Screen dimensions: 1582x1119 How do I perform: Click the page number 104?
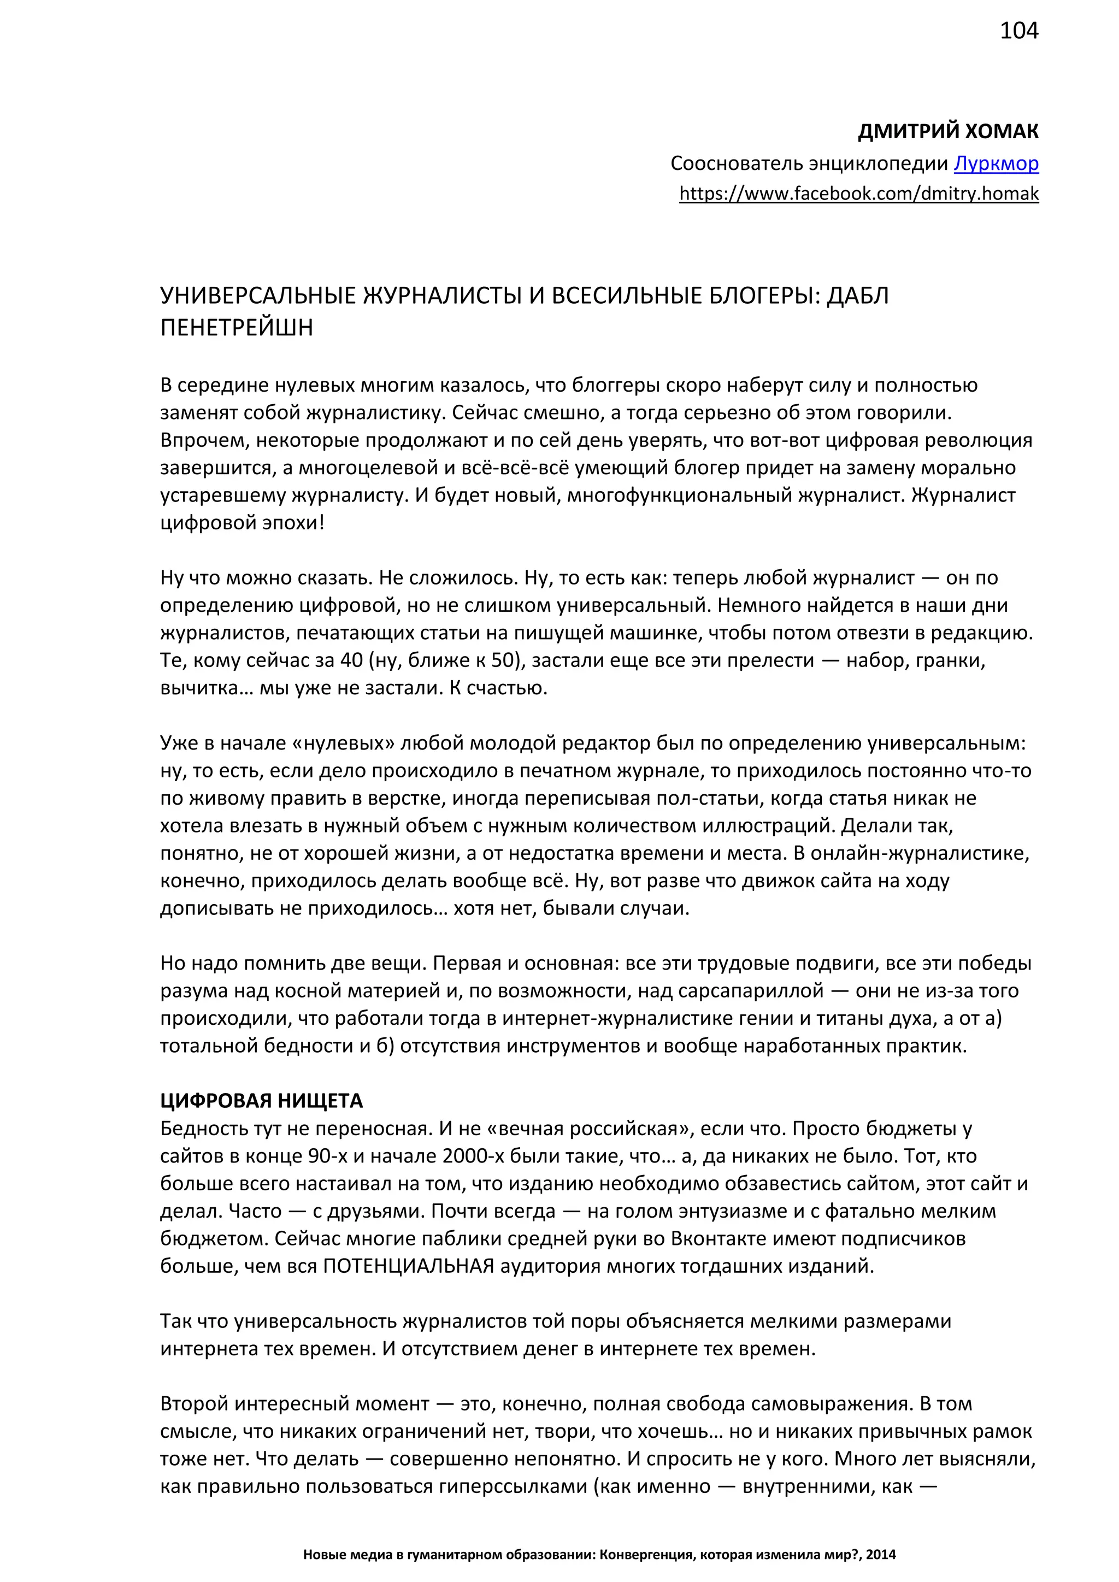click(1018, 31)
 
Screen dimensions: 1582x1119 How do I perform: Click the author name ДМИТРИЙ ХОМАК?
click(947, 132)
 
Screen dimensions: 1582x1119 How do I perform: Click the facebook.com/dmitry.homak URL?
click(858, 193)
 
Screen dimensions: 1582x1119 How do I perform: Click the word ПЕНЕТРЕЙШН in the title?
click(237, 327)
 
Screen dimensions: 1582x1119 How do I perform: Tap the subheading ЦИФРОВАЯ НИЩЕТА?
click(261, 1101)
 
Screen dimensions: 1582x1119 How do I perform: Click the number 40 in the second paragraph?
click(351, 660)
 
